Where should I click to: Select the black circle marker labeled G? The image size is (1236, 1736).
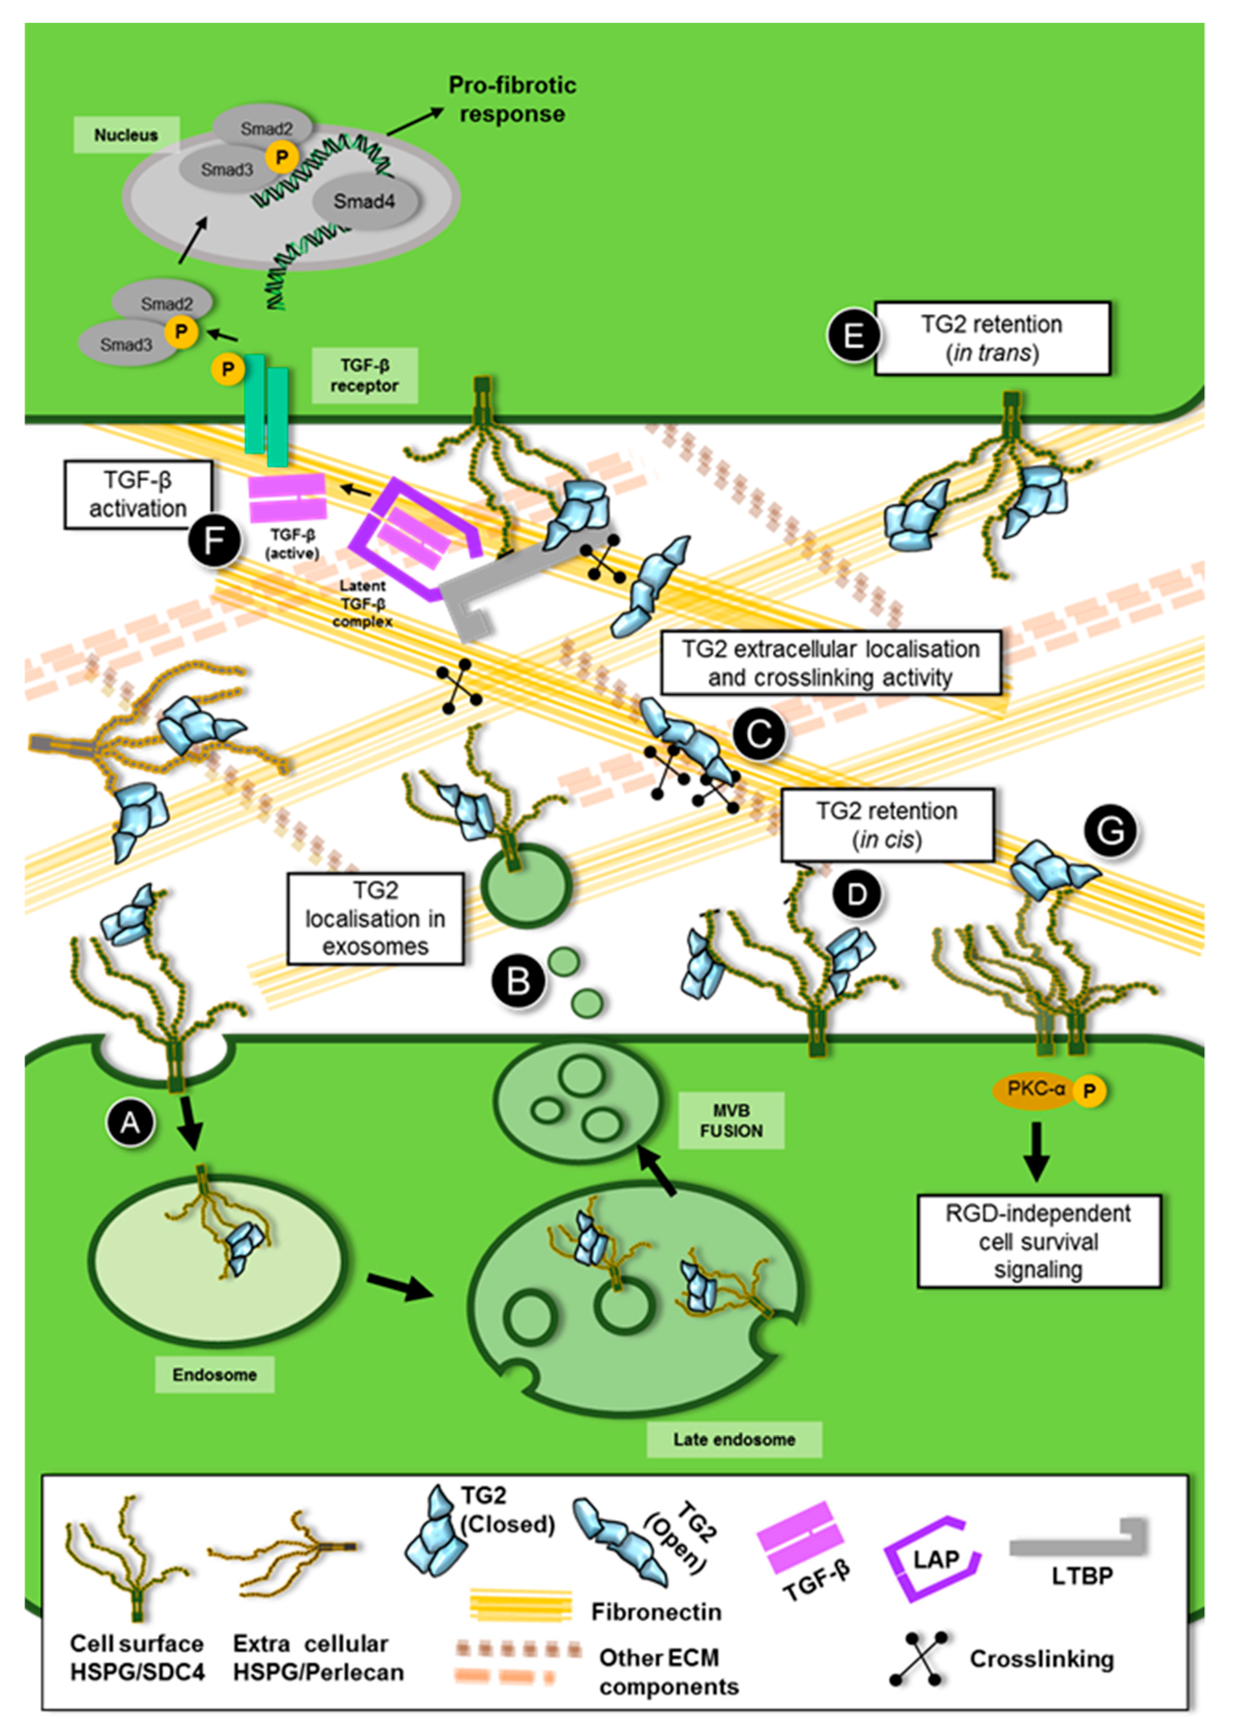(x=1110, y=831)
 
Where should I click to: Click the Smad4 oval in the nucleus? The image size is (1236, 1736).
(x=364, y=202)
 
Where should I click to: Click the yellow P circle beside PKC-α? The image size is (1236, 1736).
(x=1089, y=1091)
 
